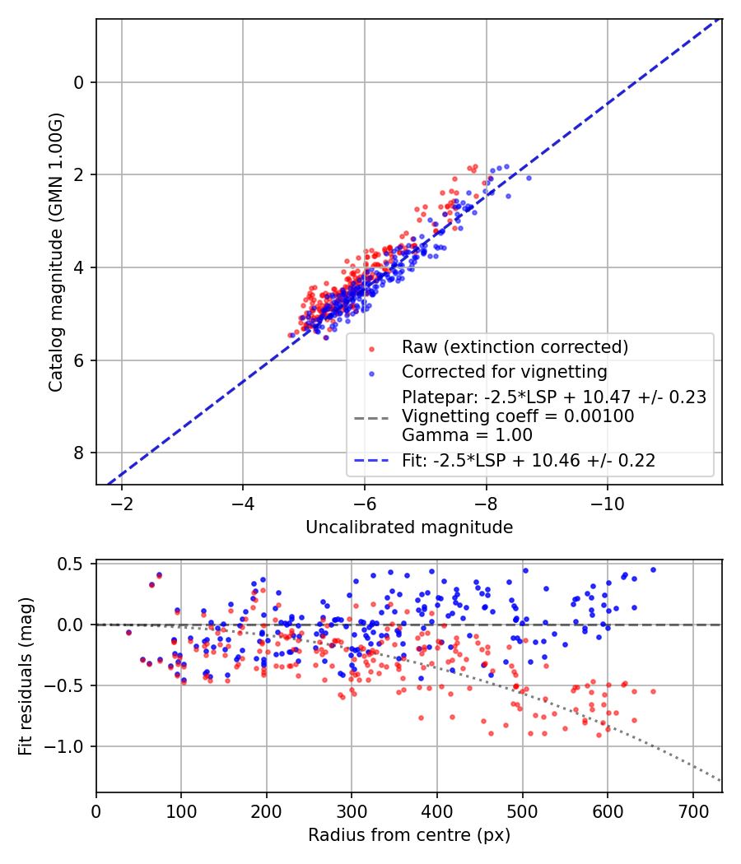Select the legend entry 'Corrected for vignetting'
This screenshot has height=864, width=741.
click(504, 371)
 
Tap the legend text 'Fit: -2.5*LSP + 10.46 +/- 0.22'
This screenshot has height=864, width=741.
click(529, 461)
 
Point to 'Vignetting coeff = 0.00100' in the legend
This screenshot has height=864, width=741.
click(518, 416)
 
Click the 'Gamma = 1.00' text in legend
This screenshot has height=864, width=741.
click(467, 435)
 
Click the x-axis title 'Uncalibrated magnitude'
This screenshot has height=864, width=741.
click(409, 527)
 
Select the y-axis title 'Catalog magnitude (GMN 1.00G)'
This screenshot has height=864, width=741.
click(56, 253)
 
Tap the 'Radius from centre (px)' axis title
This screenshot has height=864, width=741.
click(409, 835)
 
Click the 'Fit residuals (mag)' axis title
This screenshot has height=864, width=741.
click(26, 676)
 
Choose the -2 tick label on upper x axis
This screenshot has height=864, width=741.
click(122, 502)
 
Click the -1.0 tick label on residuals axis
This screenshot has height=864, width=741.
click(67, 746)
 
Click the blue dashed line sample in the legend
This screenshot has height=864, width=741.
click(372, 461)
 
